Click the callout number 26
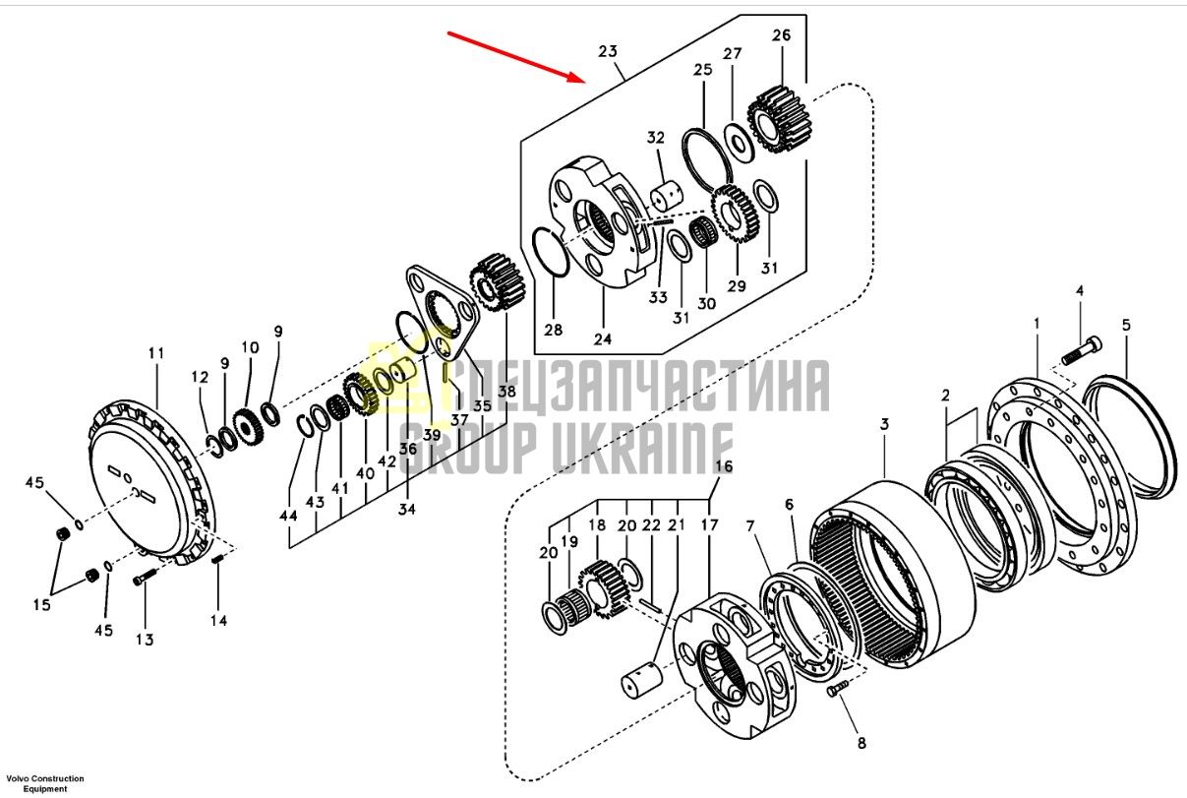[x=781, y=35]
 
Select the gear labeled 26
[x=780, y=120]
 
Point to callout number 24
[x=603, y=338]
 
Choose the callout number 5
[x=1126, y=325]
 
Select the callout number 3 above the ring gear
[x=884, y=424]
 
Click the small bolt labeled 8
[x=837, y=690]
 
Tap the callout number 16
[x=724, y=466]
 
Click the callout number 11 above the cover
[x=156, y=352]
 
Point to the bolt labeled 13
[x=146, y=577]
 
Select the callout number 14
[x=218, y=620]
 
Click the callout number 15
[x=42, y=604]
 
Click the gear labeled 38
[x=497, y=282]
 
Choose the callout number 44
[x=288, y=515]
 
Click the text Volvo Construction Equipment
[x=45, y=783]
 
